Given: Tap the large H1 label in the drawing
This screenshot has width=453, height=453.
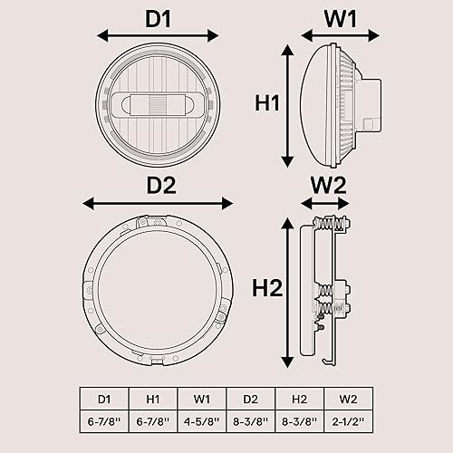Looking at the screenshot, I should click(265, 103).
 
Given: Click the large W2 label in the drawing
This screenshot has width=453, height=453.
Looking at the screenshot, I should click(328, 184).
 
